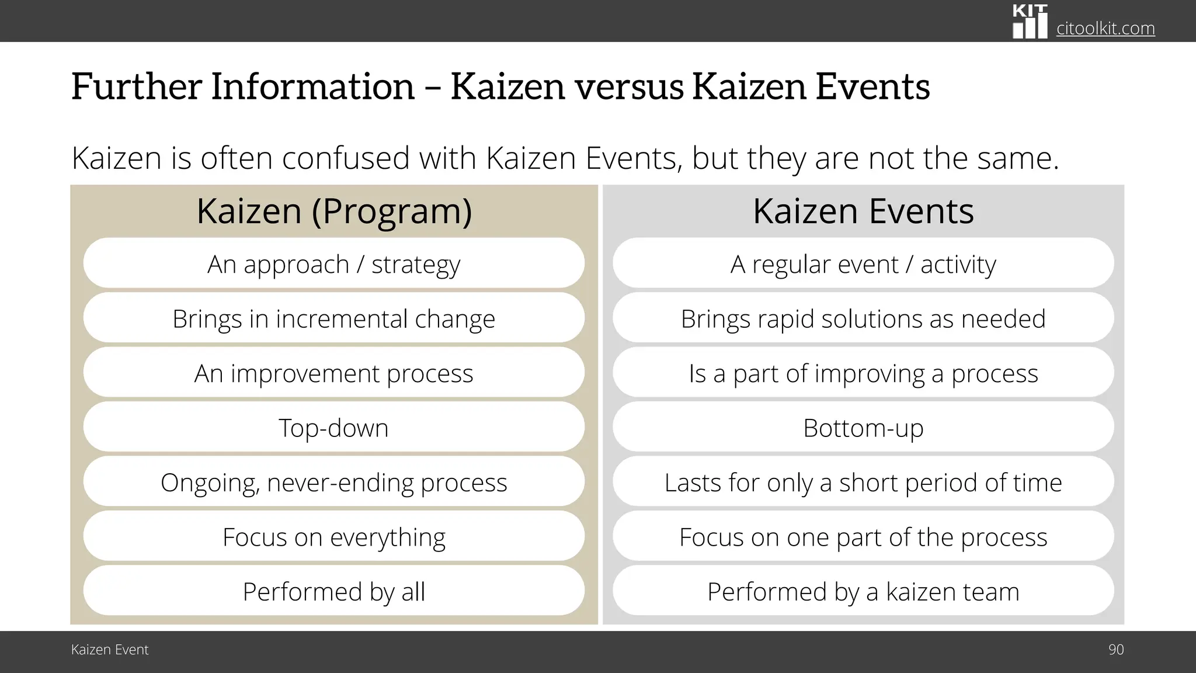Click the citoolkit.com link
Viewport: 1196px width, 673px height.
pos(1105,28)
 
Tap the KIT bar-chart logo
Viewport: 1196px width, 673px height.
pos(1030,22)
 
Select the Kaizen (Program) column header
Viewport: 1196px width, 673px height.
pos(334,211)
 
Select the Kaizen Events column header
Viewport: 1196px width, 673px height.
pos(863,211)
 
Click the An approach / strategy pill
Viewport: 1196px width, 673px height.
pos(334,264)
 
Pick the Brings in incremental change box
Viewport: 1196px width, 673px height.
pos(334,318)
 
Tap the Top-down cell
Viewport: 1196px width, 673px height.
pos(334,428)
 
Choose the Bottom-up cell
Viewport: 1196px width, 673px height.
pos(863,428)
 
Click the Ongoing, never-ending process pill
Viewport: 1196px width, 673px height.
pos(334,482)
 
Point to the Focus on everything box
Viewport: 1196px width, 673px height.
pos(334,536)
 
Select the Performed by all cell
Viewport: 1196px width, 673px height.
pos(334,591)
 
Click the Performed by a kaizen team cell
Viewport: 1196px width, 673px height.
pos(863,591)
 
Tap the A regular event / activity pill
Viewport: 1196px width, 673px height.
pos(863,264)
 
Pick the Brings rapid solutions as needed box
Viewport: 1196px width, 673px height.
pos(863,318)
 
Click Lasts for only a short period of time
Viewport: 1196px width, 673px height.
pos(863,482)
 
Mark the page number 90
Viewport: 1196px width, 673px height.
pos(1115,650)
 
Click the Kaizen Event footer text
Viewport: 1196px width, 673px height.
pos(110,650)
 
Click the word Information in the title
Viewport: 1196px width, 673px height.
pos(312,86)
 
